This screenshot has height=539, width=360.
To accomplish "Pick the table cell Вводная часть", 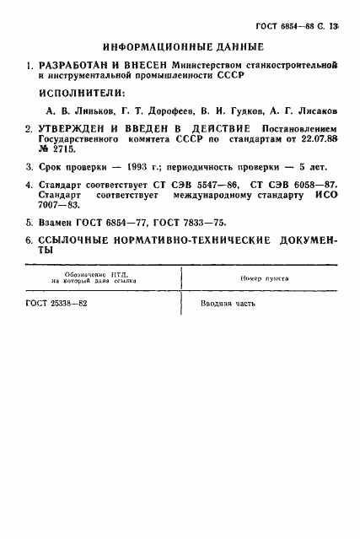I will coord(228,304).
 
